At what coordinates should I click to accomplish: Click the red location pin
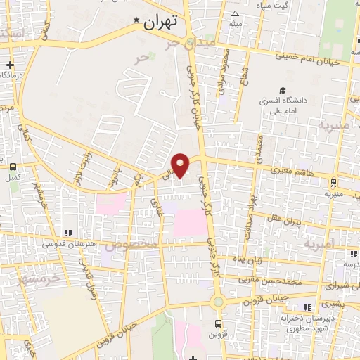tap(181, 165)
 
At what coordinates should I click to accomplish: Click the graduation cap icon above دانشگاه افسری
tap(282, 90)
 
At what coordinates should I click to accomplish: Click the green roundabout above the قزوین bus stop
tap(219, 302)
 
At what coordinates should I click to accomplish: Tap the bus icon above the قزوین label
tap(219, 323)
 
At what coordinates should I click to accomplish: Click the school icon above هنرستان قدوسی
tap(68, 233)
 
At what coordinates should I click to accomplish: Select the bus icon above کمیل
tap(13, 167)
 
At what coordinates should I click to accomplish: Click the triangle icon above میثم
tap(235, 14)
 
